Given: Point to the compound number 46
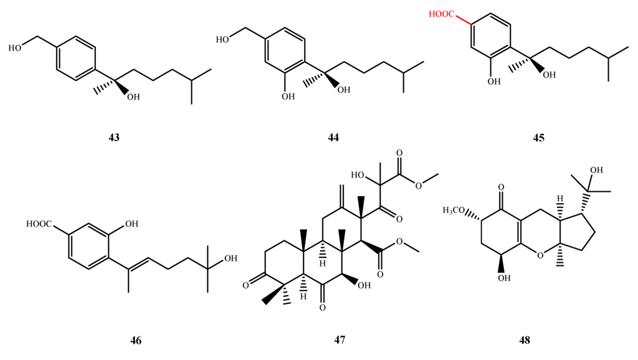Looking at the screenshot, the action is point(136,340).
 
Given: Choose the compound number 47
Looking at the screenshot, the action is point(340,340).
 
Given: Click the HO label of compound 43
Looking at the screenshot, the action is point(17,47).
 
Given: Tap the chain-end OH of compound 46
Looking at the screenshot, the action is point(230,257).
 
